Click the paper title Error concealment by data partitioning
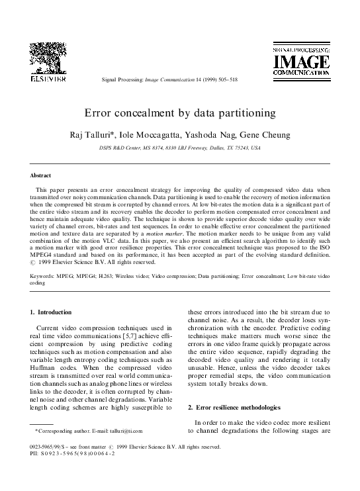tap(179, 113)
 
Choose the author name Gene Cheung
tap(265, 135)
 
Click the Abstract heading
tap(41, 175)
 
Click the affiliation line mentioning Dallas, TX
tap(179, 148)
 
